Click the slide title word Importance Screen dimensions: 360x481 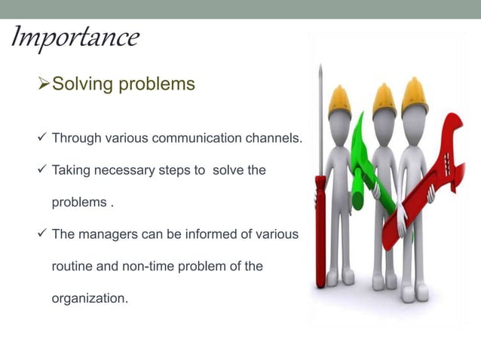pyautogui.click(x=75, y=38)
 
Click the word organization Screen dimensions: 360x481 pyautogui.click(x=88, y=298)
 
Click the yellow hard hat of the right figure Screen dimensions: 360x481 pyautogui.click(x=414, y=94)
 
